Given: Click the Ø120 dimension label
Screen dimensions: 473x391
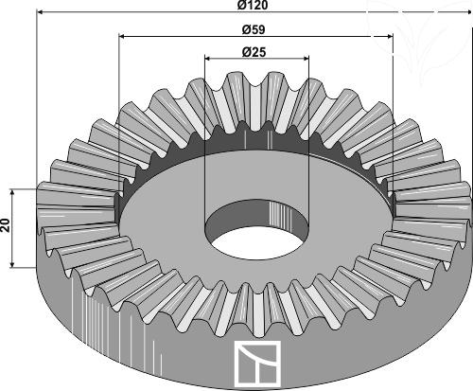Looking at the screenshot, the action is coord(253,5).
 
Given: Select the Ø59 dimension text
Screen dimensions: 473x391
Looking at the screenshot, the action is coord(254,29).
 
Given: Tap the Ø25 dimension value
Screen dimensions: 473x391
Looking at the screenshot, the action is coord(254,52).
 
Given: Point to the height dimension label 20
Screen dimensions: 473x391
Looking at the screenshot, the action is coord(6,225).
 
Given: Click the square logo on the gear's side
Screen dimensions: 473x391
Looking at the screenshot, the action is coord(257,364).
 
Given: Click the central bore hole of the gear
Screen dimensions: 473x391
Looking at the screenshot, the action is coord(257,230).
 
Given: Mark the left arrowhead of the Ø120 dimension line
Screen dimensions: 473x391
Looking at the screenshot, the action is coord(41,12).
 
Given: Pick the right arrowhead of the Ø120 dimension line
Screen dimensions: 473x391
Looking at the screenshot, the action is coord(467,12).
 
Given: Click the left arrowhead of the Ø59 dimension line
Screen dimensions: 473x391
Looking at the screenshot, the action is coord(122,37).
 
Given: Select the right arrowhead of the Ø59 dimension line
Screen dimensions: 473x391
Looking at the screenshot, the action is coord(390,37).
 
